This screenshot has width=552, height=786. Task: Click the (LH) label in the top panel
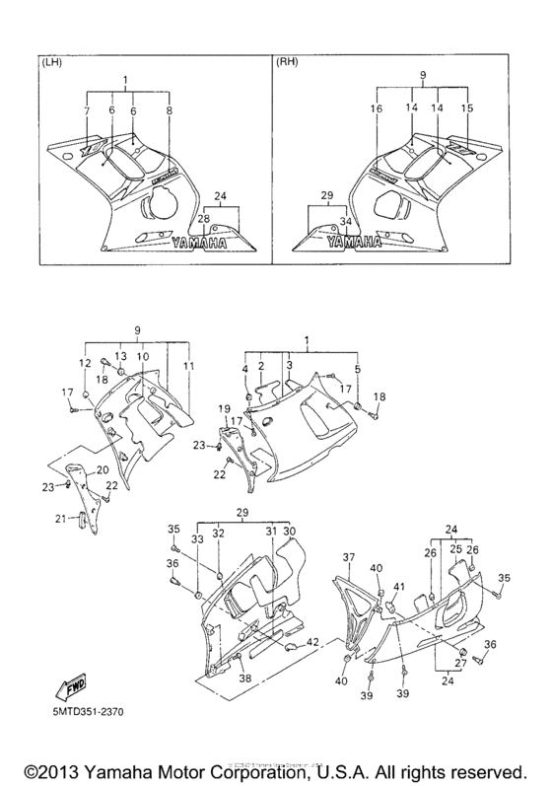[x=48, y=62]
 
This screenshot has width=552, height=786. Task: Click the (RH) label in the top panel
[x=288, y=62]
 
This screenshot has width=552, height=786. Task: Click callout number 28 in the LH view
[x=204, y=219]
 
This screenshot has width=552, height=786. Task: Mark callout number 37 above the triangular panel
[x=348, y=558]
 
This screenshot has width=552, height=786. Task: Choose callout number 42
[x=312, y=642]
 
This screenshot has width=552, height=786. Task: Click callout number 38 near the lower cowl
[x=244, y=679]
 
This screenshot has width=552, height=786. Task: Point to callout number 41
[x=399, y=587]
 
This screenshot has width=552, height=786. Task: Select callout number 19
[x=224, y=408]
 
